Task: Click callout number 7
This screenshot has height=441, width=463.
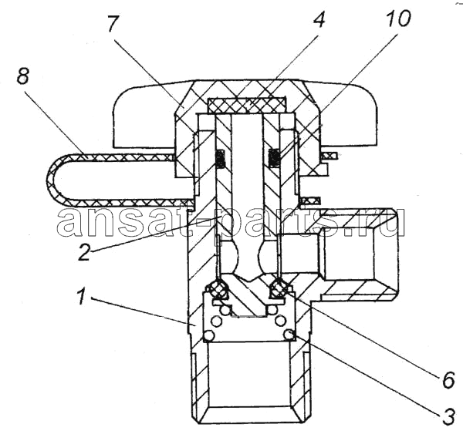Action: [x=113, y=24]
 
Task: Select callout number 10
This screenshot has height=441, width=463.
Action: [x=398, y=19]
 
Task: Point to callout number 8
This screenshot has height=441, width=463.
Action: [x=22, y=75]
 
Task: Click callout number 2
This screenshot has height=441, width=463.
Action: [x=84, y=251]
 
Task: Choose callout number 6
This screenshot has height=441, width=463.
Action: [x=448, y=380]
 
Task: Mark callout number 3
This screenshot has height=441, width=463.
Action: [x=448, y=416]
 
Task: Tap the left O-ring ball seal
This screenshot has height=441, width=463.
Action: [x=219, y=289]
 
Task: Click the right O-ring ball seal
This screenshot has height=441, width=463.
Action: [x=278, y=288]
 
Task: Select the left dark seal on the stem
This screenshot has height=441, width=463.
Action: [x=220, y=160]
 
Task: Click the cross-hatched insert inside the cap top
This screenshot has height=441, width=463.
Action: [x=247, y=106]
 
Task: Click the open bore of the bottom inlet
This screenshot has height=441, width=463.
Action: [x=250, y=375]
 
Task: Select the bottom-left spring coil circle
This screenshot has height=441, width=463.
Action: [x=208, y=335]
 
